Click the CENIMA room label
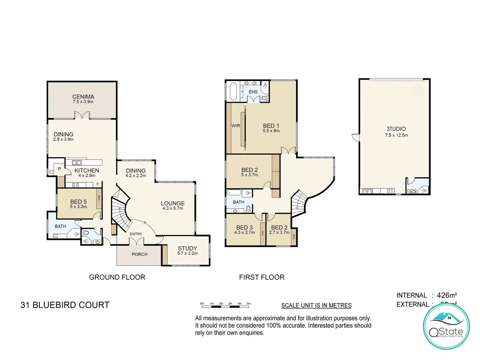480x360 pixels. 83,97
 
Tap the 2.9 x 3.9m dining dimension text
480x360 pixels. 63,139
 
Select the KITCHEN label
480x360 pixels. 87,170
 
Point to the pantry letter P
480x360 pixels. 59,169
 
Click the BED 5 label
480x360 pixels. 78,202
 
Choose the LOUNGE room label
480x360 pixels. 172,203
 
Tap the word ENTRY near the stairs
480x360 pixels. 136,234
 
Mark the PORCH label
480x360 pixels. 139,254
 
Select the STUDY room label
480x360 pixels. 187,248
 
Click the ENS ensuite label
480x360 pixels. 253,92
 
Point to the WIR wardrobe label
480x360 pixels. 236,126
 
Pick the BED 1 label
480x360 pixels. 271,126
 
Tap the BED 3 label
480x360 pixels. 244,227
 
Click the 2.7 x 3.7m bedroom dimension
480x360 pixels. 279,232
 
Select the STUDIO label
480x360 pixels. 396,129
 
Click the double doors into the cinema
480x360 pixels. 82,115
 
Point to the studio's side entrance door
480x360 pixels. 356,137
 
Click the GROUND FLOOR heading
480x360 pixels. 117,277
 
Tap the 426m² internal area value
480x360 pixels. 446,295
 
